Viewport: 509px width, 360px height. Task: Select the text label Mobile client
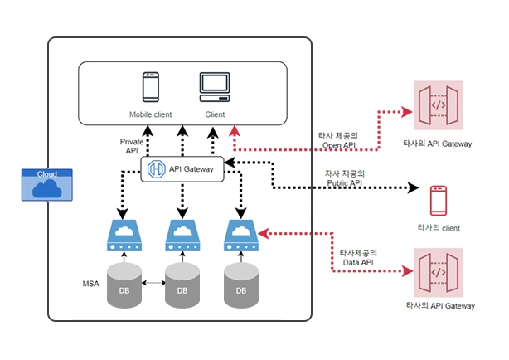point(150,114)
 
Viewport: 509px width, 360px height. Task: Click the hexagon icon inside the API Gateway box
point(156,169)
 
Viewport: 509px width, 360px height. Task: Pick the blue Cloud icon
point(46,184)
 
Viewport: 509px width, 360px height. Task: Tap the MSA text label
point(90,284)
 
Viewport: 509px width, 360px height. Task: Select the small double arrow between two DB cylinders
point(154,283)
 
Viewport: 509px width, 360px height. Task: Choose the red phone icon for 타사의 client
point(439,201)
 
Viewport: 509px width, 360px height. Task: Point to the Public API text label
point(344,178)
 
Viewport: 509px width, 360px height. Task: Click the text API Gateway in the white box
point(191,169)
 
